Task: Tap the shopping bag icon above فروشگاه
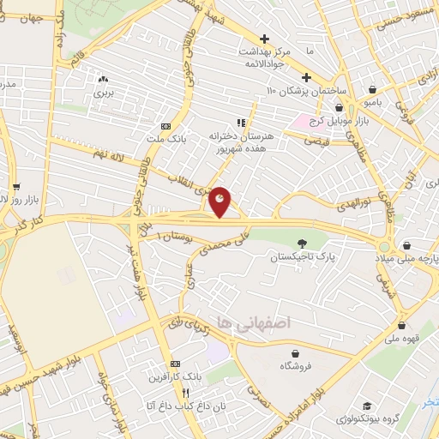(x=296, y=352)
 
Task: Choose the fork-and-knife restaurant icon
(x=175, y=392)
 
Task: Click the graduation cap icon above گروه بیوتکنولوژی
(x=367, y=406)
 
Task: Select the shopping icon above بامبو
(x=371, y=89)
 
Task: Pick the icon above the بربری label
(x=104, y=78)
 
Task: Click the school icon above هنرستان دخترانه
(x=241, y=123)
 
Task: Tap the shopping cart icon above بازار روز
(x=15, y=187)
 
